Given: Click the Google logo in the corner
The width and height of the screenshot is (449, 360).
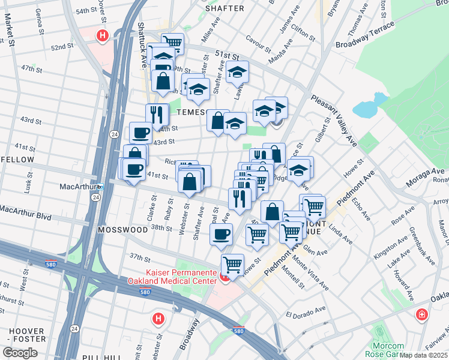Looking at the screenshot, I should (20, 353).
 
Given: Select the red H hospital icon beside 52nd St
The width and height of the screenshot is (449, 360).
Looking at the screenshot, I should (102, 36).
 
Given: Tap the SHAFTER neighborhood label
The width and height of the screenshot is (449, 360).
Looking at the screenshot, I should (224, 8).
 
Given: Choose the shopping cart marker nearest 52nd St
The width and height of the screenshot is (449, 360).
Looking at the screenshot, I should (172, 43).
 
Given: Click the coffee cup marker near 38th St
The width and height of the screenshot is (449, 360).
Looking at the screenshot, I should (221, 233).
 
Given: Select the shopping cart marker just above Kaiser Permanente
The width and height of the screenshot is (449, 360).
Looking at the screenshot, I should (232, 263).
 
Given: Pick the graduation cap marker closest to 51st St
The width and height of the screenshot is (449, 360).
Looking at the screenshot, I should (238, 73).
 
